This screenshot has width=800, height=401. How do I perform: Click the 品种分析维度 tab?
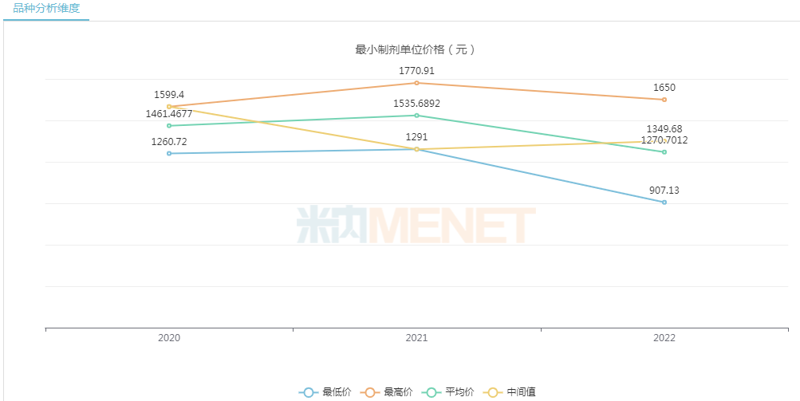coord(46,9)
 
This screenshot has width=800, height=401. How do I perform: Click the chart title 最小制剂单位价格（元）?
coord(415,49)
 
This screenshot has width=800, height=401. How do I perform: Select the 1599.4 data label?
coord(169,94)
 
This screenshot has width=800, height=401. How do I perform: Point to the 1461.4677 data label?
coord(169,114)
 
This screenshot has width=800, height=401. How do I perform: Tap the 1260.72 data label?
coord(169,142)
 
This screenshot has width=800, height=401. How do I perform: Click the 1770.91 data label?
coord(416,71)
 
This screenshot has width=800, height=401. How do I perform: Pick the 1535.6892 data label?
coord(416,104)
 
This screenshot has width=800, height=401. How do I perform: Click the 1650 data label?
coord(664,88)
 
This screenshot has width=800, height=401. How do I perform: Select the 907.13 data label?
coord(664,191)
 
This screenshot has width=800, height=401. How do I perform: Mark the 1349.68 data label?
coord(664,129)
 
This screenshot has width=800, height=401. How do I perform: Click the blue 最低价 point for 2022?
coord(664,202)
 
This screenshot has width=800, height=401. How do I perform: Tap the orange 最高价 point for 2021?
coord(416,83)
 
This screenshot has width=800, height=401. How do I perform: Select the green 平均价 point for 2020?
coord(169,126)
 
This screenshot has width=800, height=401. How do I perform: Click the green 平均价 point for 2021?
coord(416,116)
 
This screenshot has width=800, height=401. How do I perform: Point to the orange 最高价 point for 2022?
coord(664,100)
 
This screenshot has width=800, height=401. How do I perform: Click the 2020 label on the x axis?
coord(169,338)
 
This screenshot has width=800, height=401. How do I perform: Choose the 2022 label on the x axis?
coord(664,338)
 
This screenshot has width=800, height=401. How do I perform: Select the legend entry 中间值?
coord(513,391)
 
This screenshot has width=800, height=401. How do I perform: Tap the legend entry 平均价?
coord(450,391)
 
